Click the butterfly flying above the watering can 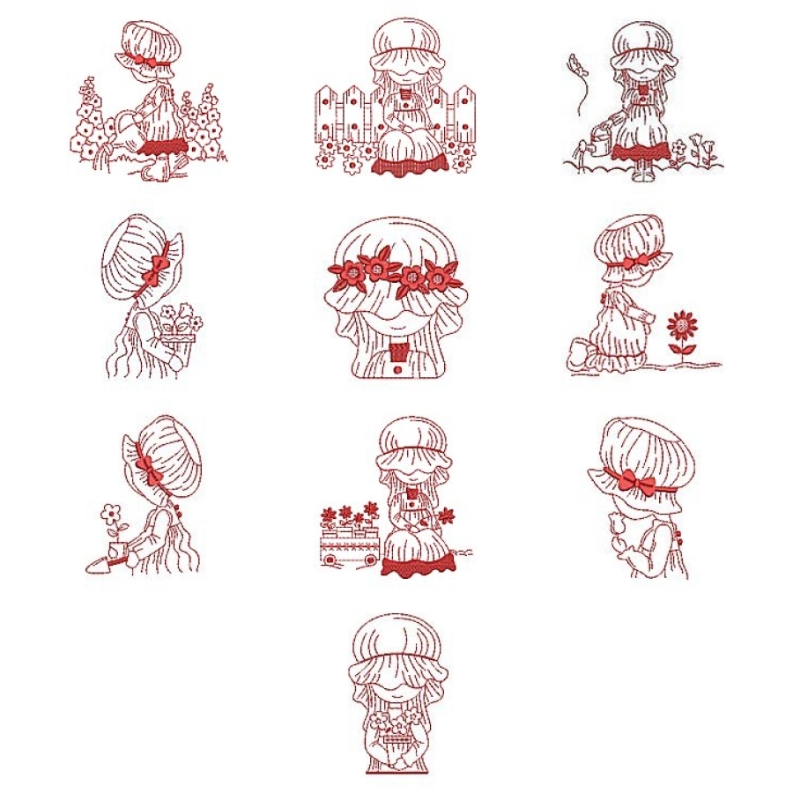[x=578, y=63]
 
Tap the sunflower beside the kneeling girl [x=681, y=326]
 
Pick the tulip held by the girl [x=615, y=527]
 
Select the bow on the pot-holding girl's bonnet [x=160, y=264]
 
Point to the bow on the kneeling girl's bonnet [x=641, y=261]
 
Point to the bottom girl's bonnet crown [x=395, y=634]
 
